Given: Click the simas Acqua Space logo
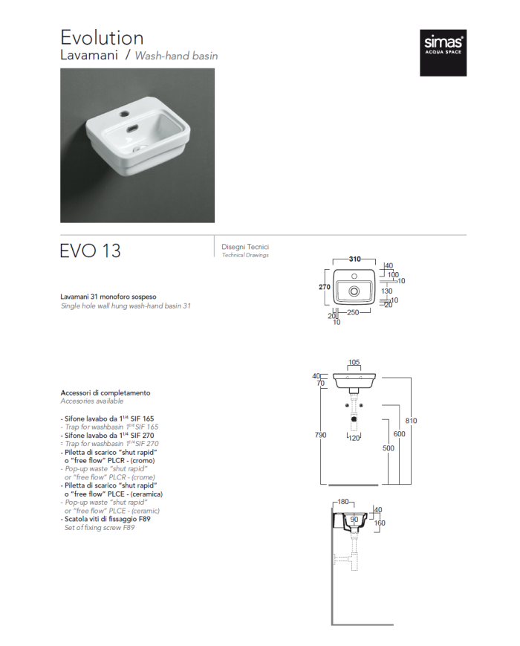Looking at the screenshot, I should point(443,54).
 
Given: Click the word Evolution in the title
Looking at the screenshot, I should point(102,37).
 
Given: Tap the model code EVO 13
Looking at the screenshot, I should point(90,251).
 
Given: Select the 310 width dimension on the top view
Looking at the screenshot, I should point(354,259).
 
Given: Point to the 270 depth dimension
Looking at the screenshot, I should point(325,287).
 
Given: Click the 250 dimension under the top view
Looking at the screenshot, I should point(353,313).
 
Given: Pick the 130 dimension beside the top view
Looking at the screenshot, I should point(386,291).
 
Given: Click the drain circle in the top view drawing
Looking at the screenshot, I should point(354,290).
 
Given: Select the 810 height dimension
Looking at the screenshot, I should point(411,421).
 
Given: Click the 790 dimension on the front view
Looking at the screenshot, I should point(320,435).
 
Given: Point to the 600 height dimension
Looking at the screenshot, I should point(399,433).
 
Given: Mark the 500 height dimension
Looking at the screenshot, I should point(389,448).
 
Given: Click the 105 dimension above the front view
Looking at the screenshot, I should point(354,363).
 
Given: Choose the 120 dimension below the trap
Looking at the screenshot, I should point(354,439).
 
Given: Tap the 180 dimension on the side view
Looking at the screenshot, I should point(343,502).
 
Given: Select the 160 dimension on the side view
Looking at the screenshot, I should point(380,523).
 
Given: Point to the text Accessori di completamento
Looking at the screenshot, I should point(105,393).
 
